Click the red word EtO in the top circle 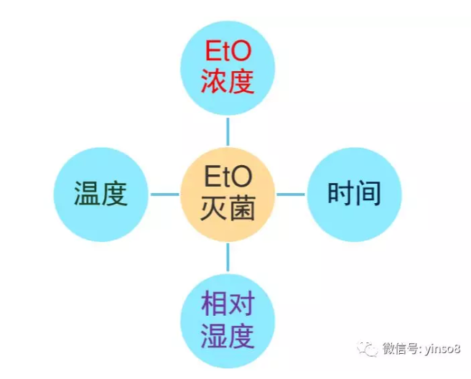[228, 51]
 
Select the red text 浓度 [228, 81]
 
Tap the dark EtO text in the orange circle [228, 177]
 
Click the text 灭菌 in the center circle [228, 208]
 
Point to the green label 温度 [101, 193]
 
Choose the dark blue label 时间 [354, 193]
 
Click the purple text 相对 [228, 304]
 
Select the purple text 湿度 [228, 336]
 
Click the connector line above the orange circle [228, 132]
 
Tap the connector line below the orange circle [228, 257]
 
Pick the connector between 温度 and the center [164, 195]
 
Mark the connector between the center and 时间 [291, 195]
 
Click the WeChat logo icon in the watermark [367, 349]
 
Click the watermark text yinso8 [442, 349]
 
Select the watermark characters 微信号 [401, 349]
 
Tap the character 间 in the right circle [368, 193]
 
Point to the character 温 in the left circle [87, 193]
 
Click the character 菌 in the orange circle [242, 208]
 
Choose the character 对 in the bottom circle [242, 304]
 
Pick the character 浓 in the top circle [214, 81]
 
